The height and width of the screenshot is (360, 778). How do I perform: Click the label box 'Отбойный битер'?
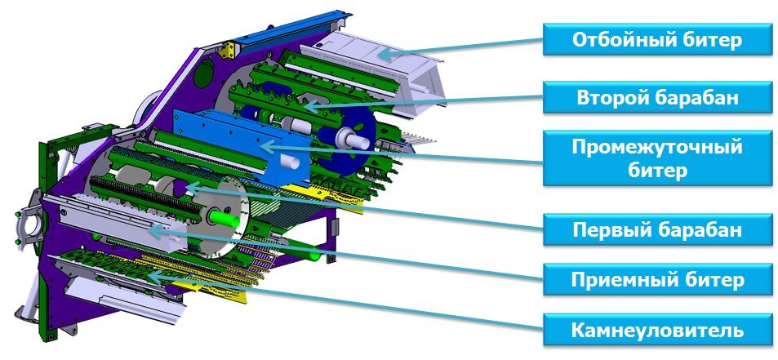click(x=658, y=38)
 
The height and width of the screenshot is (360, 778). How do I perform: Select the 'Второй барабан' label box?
click(x=658, y=97)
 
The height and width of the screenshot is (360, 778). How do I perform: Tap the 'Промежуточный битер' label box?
click(x=658, y=158)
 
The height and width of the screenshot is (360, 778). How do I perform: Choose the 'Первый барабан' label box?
click(x=658, y=229)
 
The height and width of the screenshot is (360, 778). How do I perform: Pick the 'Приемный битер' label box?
click(x=658, y=280)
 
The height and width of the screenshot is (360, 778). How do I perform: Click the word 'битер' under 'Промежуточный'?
click(x=657, y=171)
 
